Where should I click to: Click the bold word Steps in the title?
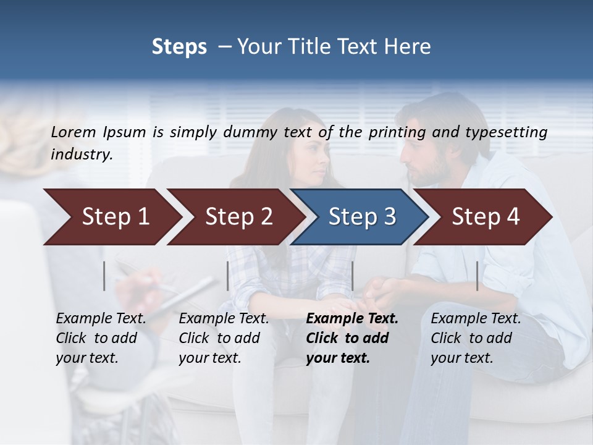point(179,47)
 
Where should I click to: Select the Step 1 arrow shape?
point(111,217)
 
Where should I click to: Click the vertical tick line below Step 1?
point(104,276)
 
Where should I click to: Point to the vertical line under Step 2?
point(228,276)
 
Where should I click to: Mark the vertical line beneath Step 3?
point(353,276)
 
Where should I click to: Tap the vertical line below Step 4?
point(477,276)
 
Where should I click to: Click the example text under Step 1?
point(101,338)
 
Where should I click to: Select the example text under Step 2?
point(224,338)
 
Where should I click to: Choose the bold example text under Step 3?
point(352,338)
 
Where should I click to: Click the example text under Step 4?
point(476,338)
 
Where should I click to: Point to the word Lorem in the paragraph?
point(74,132)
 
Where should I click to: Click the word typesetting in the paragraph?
point(510,132)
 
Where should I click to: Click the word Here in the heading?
point(408,47)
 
